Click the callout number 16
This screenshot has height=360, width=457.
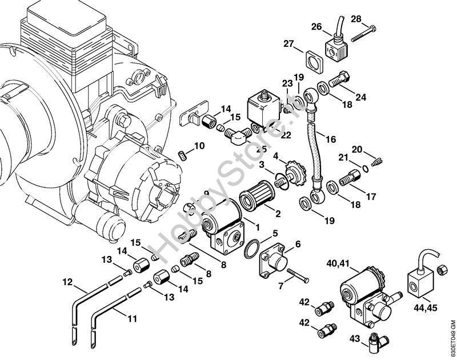pos(331,138)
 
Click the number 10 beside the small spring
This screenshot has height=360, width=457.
pos(199,146)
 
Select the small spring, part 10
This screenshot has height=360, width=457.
pos(183,155)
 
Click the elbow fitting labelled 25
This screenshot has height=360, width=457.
pos(235,137)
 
